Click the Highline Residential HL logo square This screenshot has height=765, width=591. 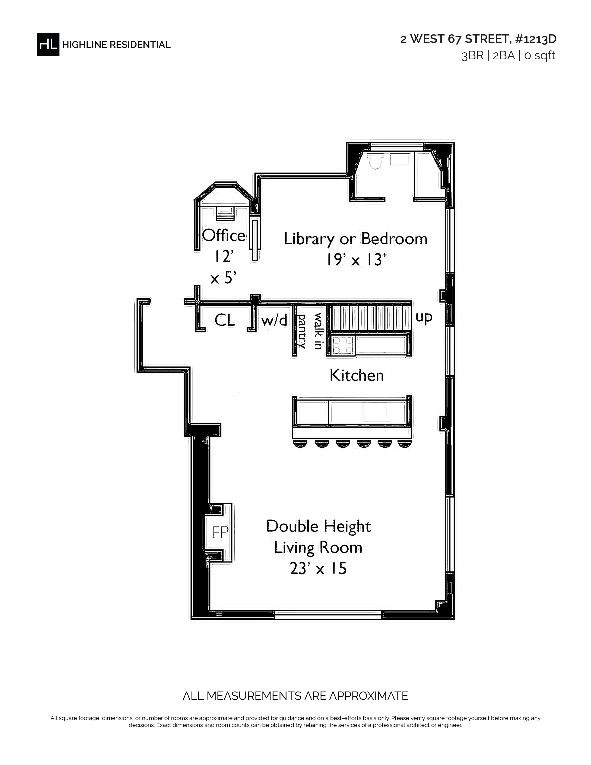48,45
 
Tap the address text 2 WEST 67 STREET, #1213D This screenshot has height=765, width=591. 478,39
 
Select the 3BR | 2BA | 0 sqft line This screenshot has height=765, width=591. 508,56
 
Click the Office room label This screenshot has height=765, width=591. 224,235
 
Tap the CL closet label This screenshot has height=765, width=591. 225,320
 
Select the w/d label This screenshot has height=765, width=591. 274,320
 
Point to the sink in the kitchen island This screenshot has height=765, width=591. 375,411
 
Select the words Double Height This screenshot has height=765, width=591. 318,526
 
